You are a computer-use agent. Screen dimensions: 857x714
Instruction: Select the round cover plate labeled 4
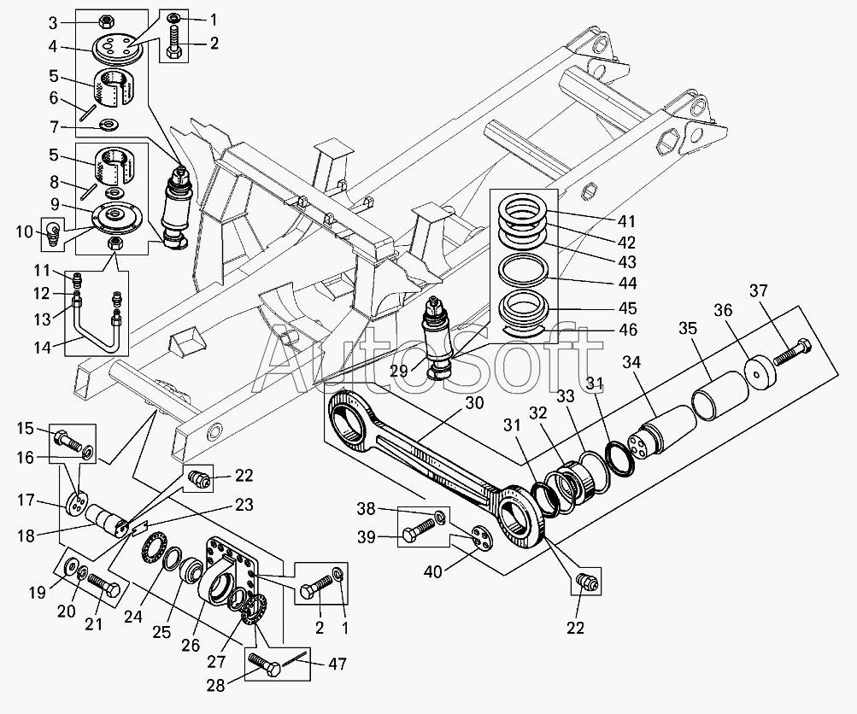pos(116,48)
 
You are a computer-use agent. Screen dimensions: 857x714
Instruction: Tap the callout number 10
pos(25,231)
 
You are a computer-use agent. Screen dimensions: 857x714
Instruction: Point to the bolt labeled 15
pos(68,440)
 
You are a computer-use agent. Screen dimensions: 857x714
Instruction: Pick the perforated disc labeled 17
pos(79,504)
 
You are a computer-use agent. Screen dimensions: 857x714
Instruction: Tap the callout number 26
pos(191,645)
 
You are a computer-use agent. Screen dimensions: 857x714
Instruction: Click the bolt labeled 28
pos(265,664)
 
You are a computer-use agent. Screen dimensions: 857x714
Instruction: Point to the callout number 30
pos(475,403)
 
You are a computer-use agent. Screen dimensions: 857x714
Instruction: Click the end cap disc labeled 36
pos(760,372)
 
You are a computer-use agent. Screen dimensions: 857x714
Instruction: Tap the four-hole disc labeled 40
pos(483,537)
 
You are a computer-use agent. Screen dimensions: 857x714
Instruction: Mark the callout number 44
pos(628,283)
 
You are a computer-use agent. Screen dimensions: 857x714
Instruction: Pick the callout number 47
pos(338,664)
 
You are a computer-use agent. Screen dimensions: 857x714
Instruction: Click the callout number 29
pos(399,371)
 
